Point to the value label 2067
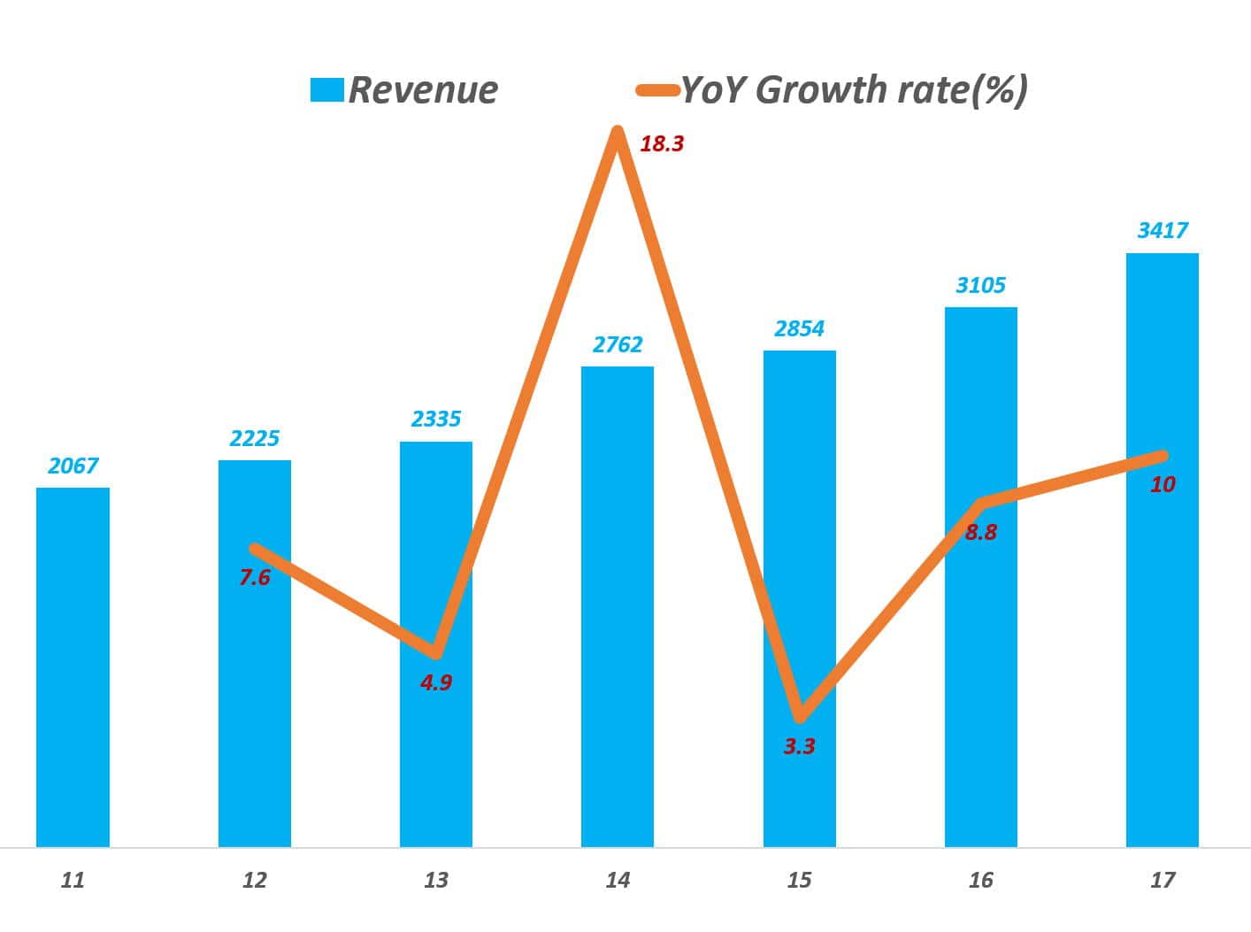pyautogui.click(x=73, y=466)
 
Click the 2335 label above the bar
pyautogui.click(x=436, y=419)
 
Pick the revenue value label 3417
pyautogui.click(x=1163, y=231)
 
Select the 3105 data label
pyautogui.click(x=980, y=285)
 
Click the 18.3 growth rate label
pyautogui.click(x=662, y=143)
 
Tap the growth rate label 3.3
pyautogui.click(x=799, y=747)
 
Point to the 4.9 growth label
pyautogui.click(x=436, y=682)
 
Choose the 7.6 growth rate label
pyautogui.click(x=255, y=578)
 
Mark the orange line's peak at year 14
pyautogui.click(x=617, y=133)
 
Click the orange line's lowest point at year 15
pyautogui.click(x=800, y=715)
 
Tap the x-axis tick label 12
pyautogui.click(x=255, y=880)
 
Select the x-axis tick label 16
pyautogui.click(x=980, y=880)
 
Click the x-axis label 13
pyautogui.click(x=436, y=880)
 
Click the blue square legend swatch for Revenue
pyautogui.click(x=326, y=89)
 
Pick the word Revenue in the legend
pyautogui.click(x=423, y=89)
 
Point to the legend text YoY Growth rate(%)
pyautogui.click(x=854, y=89)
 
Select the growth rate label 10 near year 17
pyautogui.click(x=1163, y=484)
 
